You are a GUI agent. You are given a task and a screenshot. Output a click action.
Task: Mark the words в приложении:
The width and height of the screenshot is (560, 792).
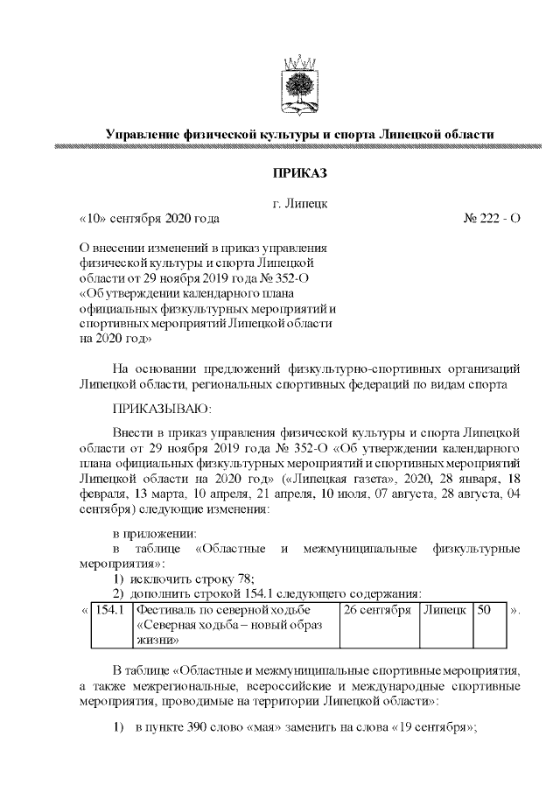tap(154, 533)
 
